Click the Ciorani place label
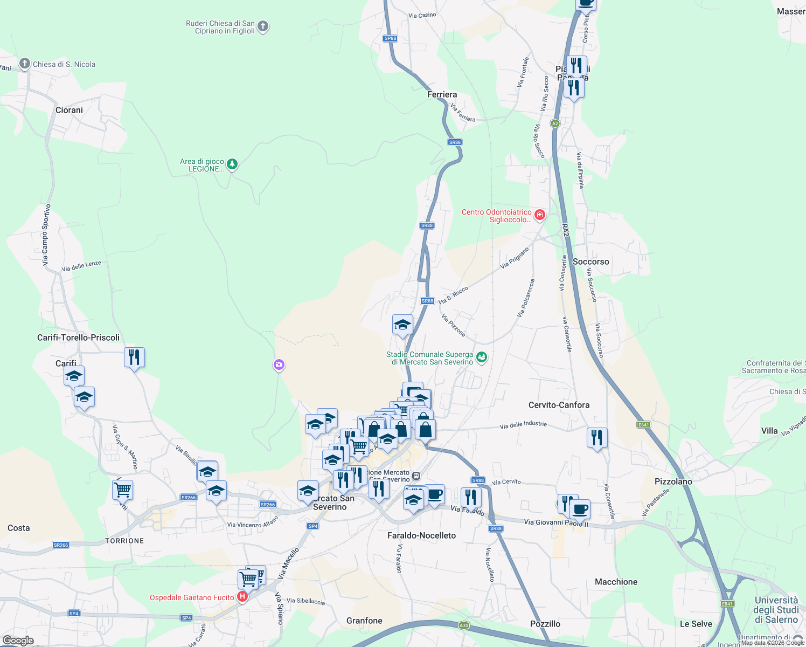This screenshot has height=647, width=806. (x=69, y=110)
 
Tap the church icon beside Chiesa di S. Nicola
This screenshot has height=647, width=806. (x=24, y=64)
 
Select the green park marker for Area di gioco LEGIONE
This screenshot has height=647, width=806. (x=232, y=164)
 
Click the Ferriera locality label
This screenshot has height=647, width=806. (x=442, y=94)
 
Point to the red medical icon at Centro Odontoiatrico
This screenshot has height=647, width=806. (x=539, y=215)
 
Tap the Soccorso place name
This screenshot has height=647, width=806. (x=590, y=261)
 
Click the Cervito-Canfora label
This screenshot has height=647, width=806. (x=559, y=405)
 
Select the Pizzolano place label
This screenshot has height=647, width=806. (x=673, y=481)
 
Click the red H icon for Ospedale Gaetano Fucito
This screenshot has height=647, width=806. (x=242, y=597)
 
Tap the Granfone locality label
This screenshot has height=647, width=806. (x=364, y=621)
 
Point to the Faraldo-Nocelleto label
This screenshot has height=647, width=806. (x=421, y=535)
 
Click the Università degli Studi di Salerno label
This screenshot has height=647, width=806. (x=776, y=610)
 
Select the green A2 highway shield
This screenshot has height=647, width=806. (x=555, y=123)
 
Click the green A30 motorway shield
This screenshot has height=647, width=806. (x=464, y=625)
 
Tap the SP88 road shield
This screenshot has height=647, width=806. (x=390, y=38)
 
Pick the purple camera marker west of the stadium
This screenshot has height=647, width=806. (x=279, y=365)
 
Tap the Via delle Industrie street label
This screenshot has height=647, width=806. (x=523, y=425)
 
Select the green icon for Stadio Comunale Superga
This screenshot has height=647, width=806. (x=482, y=357)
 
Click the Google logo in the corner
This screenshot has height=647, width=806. (x=18, y=641)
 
